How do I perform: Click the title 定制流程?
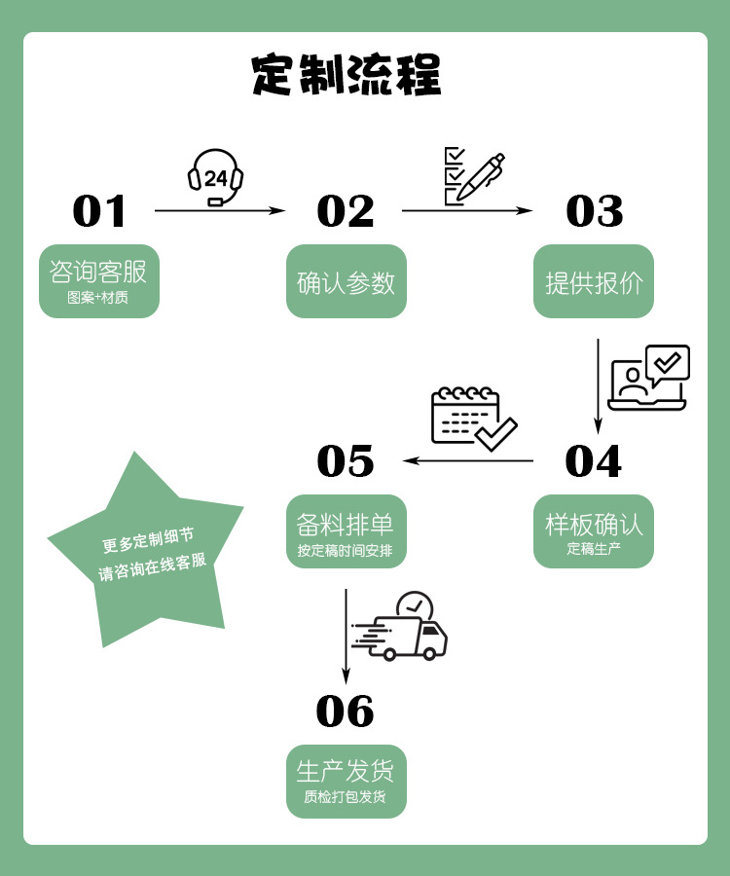[x=346, y=75]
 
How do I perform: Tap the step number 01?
[x=100, y=211]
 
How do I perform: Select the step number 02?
[x=346, y=211]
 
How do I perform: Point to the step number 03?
[x=594, y=211]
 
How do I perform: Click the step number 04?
[x=593, y=461]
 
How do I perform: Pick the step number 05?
[x=346, y=461]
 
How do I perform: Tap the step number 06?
[x=346, y=712]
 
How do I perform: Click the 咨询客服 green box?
[x=98, y=281]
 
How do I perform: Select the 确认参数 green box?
[x=346, y=281]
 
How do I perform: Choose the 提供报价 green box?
[x=594, y=281]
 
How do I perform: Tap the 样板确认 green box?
[x=594, y=531]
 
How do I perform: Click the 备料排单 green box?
[x=346, y=531]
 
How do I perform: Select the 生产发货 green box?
[x=346, y=782]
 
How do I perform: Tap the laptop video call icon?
[x=648, y=378]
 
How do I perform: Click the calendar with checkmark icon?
[x=473, y=419]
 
